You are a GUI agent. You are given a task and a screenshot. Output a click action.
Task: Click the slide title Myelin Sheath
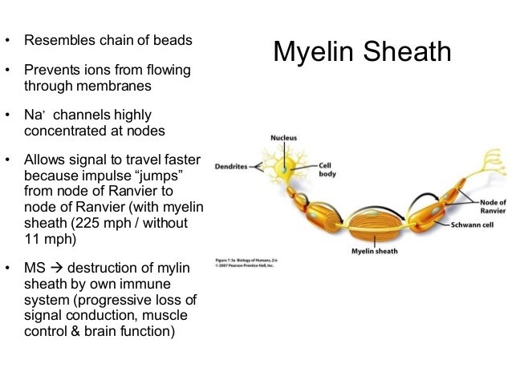pyautogui.click(x=362, y=52)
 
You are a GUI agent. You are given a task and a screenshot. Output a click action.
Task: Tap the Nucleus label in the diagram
pyautogui.click(x=282, y=138)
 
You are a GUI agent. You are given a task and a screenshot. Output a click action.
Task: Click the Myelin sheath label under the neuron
pyautogui.click(x=374, y=251)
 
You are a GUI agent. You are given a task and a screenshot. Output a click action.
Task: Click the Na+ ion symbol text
pyautogui.click(x=34, y=115)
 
